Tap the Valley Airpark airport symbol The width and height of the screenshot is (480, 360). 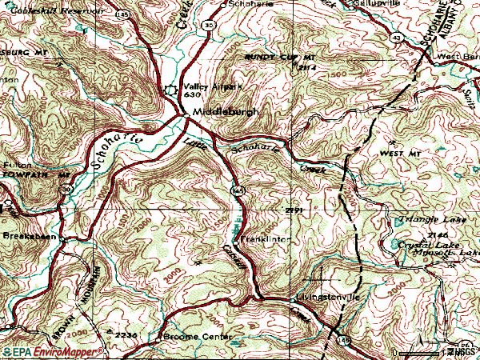(x=170, y=90)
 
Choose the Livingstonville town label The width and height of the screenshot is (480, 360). (x=330, y=297)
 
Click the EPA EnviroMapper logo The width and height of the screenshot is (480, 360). (x=40, y=352)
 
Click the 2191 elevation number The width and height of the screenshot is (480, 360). (x=294, y=210)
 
